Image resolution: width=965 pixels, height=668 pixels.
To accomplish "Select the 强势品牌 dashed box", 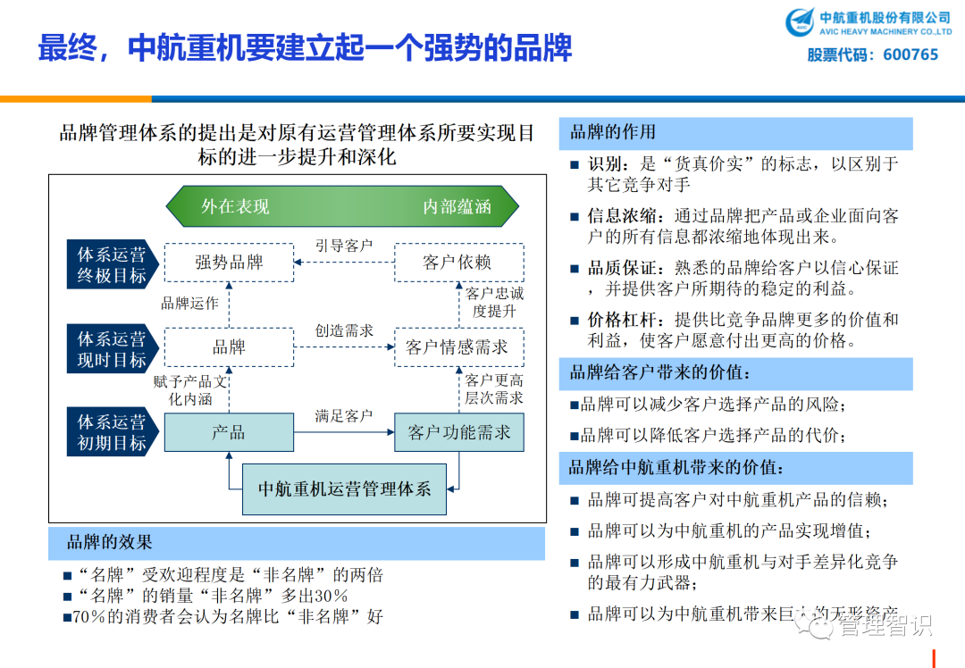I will tap(229, 263).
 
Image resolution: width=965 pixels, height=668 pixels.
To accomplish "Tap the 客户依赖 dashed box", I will tap(457, 263).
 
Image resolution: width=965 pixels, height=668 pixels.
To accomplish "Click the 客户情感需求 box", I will tap(457, 347).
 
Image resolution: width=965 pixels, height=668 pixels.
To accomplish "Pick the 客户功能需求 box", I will tap(458, 432).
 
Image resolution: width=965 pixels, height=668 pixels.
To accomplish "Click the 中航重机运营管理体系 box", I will tap(344, 488).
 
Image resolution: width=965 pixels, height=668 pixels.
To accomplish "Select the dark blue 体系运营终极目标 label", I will tap(112, 264).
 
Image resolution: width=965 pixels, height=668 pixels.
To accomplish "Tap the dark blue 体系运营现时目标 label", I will tap(112, 349).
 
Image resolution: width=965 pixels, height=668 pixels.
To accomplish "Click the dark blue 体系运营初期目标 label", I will tap(112, 432).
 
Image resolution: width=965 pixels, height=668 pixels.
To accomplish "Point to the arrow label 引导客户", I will tap(343, 246).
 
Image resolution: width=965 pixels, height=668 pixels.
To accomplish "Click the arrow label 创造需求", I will tap(343, 330).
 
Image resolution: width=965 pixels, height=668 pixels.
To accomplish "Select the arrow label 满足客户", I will tap(343, 415).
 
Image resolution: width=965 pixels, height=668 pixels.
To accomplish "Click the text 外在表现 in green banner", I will tap(235, 206).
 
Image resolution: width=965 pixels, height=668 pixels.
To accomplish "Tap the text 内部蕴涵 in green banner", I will tap(457, 206).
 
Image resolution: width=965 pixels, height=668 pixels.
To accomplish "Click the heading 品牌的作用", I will tap(613, 132).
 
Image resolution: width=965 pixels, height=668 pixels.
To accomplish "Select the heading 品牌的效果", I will tap(110, 542).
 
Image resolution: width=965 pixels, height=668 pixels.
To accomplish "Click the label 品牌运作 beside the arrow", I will tap(189, 304).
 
